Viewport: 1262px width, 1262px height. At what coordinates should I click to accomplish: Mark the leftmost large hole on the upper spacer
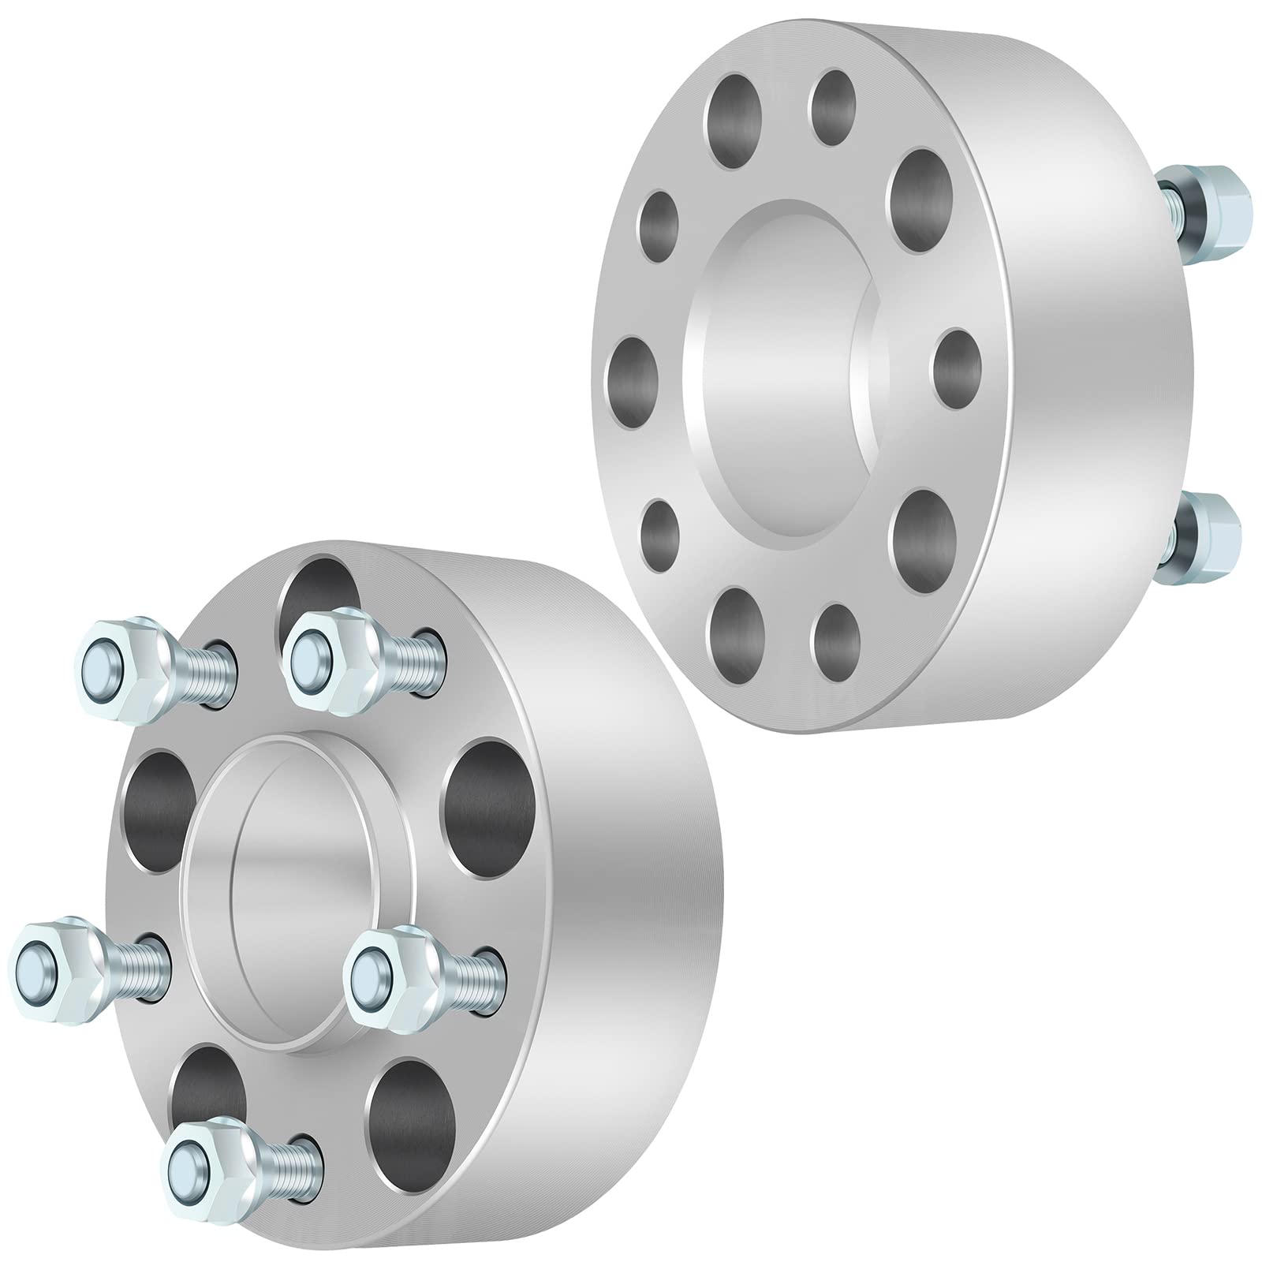pyautogui.click(x=635, y=390)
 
